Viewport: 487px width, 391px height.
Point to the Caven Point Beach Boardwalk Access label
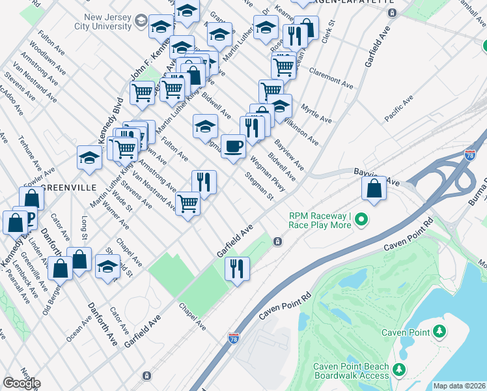(351, 371)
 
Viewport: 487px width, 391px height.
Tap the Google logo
(21, 383)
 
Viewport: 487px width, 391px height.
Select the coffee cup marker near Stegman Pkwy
(233, 146)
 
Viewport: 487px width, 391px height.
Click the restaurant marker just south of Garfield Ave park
(237, 268)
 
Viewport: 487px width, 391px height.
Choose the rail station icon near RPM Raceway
(277, 242)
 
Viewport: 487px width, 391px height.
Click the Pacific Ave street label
(398, 109)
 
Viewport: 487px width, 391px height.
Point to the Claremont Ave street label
(331, 78)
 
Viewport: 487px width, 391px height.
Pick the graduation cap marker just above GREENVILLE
(90, 157)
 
